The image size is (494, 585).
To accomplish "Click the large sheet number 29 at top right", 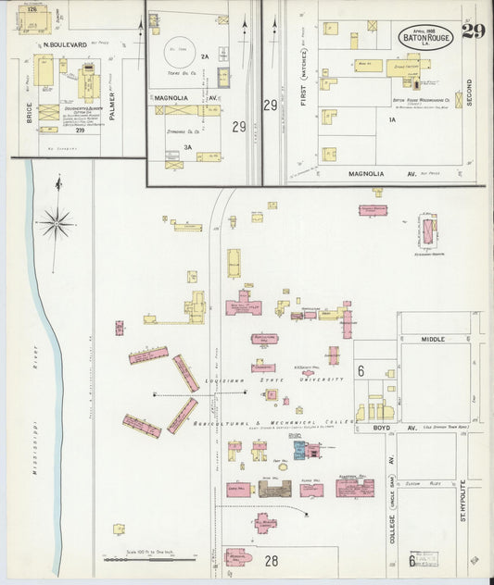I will tap(473, 32).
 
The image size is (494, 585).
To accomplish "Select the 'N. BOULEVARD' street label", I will tap(65, 44).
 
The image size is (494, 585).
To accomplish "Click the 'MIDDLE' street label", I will tap(434, 340).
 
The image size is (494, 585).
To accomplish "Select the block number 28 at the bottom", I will tap(272, 560).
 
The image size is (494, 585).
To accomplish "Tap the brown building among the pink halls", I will tap(274, 488).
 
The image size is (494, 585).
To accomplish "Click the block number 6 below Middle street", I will tap(361, 371).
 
